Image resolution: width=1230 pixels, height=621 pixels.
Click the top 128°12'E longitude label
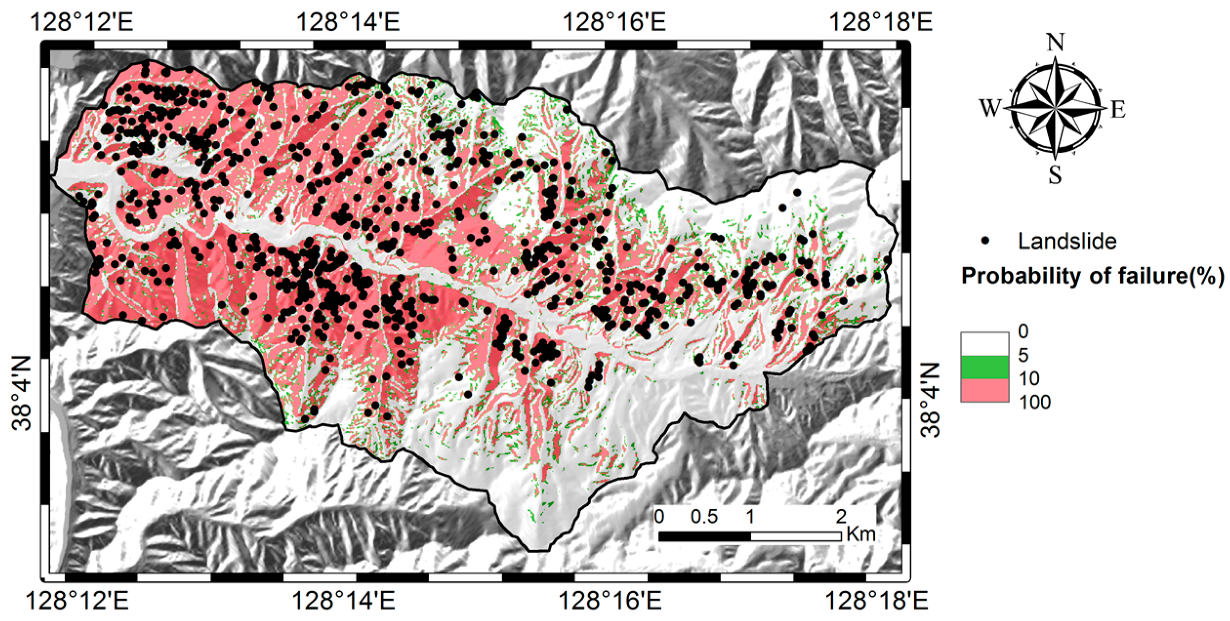82,22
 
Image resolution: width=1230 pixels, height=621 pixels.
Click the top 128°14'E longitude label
348,22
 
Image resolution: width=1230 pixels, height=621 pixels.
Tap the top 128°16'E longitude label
614,22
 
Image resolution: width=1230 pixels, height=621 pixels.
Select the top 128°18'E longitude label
881,22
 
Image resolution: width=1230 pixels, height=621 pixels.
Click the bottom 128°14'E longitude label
343,601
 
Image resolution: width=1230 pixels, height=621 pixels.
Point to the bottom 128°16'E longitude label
610,601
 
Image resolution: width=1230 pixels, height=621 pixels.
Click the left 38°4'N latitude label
22,393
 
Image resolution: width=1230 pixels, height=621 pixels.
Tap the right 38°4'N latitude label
930,400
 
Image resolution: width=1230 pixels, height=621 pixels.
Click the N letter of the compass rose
1055,43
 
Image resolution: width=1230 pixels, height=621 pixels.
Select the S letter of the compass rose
1055,175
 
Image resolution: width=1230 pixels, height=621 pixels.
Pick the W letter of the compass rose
990,108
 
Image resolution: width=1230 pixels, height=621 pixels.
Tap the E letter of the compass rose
1118,109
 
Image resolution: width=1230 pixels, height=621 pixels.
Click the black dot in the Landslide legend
985,241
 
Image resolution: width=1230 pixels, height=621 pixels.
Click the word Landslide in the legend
1067,241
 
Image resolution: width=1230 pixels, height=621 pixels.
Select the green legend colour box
984,367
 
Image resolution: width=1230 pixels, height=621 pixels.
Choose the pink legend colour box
984,390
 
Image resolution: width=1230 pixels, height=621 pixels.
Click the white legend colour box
984,344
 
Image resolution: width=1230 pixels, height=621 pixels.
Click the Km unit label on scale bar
861,534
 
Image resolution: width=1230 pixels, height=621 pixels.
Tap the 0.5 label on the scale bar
704,517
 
